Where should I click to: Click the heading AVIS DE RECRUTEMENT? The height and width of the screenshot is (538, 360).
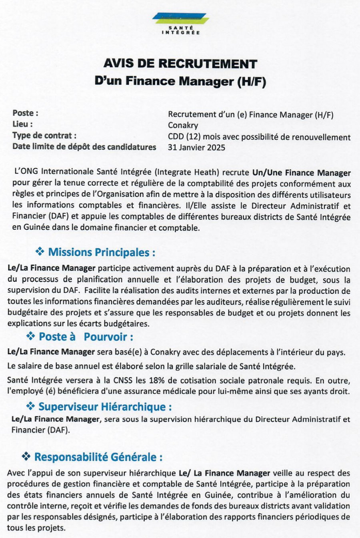tap(180, 64)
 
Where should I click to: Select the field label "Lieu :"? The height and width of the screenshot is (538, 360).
tap(22, 124)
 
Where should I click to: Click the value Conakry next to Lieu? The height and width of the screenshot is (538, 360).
tap(183, 126)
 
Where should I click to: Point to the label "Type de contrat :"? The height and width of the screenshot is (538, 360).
tap(44, 136)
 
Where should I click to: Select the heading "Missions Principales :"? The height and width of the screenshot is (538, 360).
tap(102, 253)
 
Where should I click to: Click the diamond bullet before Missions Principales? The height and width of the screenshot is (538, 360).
tap(40, 252)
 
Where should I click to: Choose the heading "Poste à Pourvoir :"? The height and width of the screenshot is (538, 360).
tap(86, 337)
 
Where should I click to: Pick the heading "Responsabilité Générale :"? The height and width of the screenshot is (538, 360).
tap(98, 457)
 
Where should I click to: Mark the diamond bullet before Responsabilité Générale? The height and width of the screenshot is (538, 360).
tap(26, 456)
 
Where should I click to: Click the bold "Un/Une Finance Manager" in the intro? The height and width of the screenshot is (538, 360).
tap(301, 173)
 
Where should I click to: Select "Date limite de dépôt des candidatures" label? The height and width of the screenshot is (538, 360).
tap(84, 147)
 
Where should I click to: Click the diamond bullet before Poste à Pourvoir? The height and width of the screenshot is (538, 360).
tap(30, 335)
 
